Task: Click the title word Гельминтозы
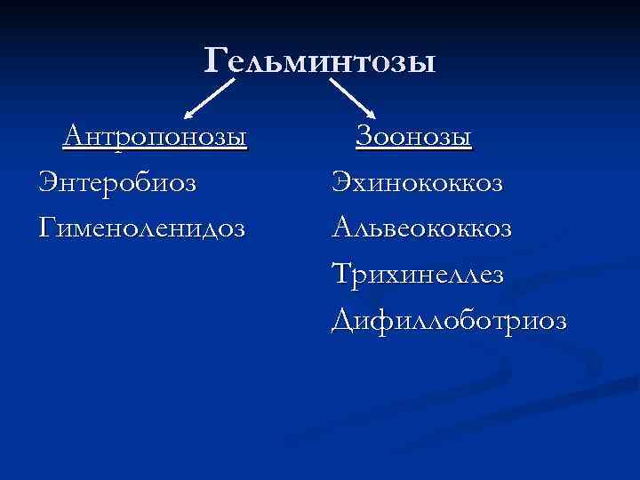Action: (x=320, y=60)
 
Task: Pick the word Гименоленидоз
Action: (x=142, y=228)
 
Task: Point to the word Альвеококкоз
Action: (x=422, y=228)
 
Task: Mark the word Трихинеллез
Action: (x=417, y=273)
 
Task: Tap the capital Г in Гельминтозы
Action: (x=216, y=60)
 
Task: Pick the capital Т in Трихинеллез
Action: (x=342, y=273)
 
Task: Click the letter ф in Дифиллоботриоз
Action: (x=384, y=319)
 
